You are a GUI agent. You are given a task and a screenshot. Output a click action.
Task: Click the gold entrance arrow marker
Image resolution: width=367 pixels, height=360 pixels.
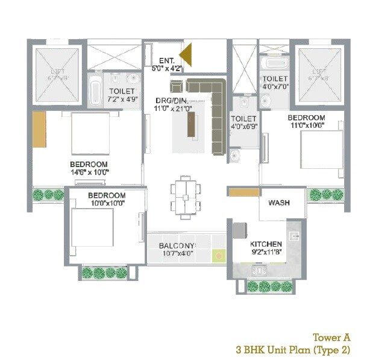click(187, 55)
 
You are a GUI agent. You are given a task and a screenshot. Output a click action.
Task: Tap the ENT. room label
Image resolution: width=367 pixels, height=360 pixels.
click(166, 60)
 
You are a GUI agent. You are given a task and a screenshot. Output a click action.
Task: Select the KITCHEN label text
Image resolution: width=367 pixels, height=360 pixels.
click(266, 243)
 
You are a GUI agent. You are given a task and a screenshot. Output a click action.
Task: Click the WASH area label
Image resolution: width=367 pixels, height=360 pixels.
click(278, 203)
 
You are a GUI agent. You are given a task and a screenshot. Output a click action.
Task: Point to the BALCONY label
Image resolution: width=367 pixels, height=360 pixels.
click(177, 246)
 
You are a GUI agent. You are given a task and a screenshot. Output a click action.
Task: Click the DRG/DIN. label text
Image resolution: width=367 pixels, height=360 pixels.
click(172, 100)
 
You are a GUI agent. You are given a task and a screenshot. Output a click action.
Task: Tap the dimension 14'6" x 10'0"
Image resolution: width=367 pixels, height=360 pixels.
click(89, 172)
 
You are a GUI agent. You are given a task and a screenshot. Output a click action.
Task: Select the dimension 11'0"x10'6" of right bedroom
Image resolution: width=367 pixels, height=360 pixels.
click(306, 125)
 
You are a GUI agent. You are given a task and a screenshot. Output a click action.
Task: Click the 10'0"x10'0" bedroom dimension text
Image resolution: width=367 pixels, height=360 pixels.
click(106, 203)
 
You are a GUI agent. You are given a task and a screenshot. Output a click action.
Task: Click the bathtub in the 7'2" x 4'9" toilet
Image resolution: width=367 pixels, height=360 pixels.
click(95, 91)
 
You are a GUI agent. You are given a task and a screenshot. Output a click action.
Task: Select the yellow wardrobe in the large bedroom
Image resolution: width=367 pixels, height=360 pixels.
click(40, 129)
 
